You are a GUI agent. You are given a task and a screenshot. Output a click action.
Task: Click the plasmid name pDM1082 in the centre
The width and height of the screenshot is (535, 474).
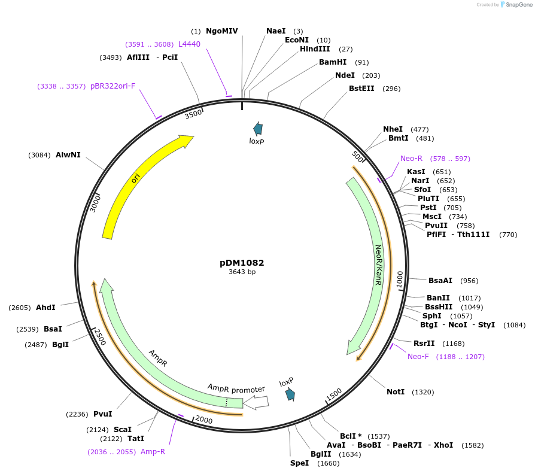click(x=242, y=263)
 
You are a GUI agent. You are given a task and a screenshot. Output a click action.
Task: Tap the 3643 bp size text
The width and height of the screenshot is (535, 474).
click(x=242, y=272)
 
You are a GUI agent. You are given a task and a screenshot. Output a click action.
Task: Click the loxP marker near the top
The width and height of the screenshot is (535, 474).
click(x=258, y=128)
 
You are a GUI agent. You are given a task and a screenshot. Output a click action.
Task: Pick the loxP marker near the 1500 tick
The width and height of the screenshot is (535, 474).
click(x=290, y=393)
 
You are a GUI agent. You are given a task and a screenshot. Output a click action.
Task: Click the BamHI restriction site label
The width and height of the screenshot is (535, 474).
click(x=333, y=62)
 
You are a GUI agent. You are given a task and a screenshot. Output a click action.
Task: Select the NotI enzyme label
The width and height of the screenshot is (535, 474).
click(x=396, y=392)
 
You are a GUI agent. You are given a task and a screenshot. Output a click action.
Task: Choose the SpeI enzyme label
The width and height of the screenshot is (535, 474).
click(x=299, y=463)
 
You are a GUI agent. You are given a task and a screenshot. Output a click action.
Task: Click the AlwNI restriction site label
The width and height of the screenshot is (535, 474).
click(x=68, y=155)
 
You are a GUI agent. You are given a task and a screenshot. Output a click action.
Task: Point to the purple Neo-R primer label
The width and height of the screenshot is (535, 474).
click(x=411, y=159)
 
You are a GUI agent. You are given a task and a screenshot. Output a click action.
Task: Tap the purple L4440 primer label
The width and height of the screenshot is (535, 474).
click(x=189, y=44)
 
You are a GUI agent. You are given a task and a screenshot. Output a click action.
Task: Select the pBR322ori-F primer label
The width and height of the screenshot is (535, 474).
click(x=113, y=86)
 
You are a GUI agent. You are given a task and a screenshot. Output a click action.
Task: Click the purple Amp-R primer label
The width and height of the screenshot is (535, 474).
click(x=153, y=452)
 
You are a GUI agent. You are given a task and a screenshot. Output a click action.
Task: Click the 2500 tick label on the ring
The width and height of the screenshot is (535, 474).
click(x=99, y=337)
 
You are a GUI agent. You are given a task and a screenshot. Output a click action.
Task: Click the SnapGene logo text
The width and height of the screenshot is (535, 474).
click(x=516, y=5)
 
